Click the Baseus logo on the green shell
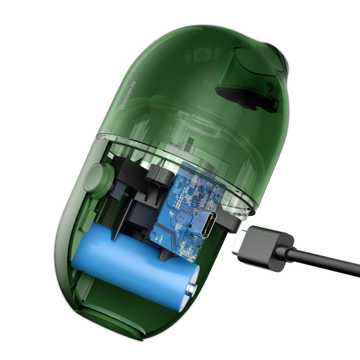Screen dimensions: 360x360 point(128,95)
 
